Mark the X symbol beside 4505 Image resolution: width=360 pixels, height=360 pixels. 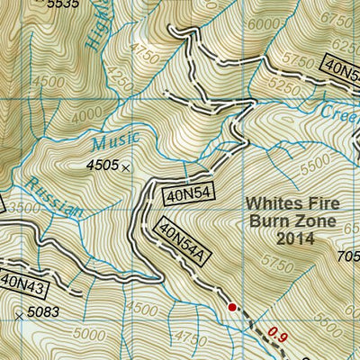pos(126,167)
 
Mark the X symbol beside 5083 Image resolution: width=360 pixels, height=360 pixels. pos(20,315)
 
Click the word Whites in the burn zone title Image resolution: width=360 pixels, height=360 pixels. pos(274,203)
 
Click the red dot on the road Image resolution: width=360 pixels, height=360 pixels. pos(232,307)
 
